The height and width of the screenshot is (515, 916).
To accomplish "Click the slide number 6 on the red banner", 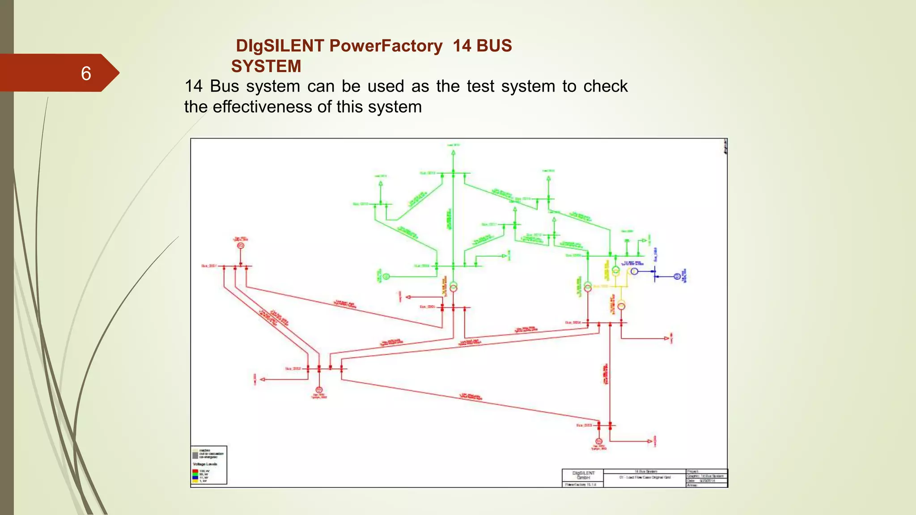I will [86, 73].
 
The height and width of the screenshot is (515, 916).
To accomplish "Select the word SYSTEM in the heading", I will [266, 66].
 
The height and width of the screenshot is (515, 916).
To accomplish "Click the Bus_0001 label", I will [209, 266].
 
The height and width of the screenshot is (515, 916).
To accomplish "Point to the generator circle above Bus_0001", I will [241, 246].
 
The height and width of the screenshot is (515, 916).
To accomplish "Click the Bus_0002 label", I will [293, 369].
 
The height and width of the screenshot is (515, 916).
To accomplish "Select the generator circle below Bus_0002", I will [319, 390].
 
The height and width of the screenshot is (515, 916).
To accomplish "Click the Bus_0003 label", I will [584, 426].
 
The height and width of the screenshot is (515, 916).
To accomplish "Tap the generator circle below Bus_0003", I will [599, 441].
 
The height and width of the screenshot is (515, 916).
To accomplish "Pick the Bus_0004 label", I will [572, 322].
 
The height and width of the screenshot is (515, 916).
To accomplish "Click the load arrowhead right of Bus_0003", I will [650, 441].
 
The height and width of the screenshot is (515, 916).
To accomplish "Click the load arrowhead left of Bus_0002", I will [263, 380].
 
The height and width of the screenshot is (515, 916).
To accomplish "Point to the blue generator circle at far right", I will [677, 277].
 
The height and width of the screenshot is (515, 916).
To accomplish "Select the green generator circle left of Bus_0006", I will [386, 277].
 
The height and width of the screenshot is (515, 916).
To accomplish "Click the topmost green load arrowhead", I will [453, 153].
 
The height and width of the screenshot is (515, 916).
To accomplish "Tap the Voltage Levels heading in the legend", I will [205, 464].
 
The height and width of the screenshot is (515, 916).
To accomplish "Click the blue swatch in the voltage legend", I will [195, 477].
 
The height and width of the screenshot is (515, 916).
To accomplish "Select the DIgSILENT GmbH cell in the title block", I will [583, 475].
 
